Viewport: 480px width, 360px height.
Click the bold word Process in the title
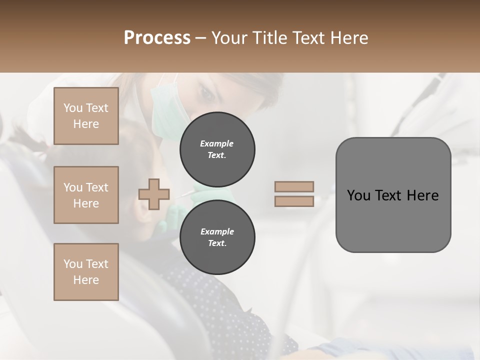pos(157,38)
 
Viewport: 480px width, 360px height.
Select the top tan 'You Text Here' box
pos(86,116)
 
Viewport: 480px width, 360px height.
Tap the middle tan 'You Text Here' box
pos(86,195)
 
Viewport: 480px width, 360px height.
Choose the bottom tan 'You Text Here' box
pos(86,272)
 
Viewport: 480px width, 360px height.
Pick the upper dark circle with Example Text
pos(217,149)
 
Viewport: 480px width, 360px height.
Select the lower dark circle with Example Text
pos(217,237)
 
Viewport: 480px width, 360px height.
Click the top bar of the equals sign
pos(294,186)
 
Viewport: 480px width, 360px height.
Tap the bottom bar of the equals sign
pos(294,201)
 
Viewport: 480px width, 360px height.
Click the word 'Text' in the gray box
pos(389,195)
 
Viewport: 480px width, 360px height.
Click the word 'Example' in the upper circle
pos(217,143)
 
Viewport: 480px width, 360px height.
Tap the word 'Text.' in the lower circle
pos(217,243)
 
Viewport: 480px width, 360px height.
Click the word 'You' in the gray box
pos(358,195)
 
